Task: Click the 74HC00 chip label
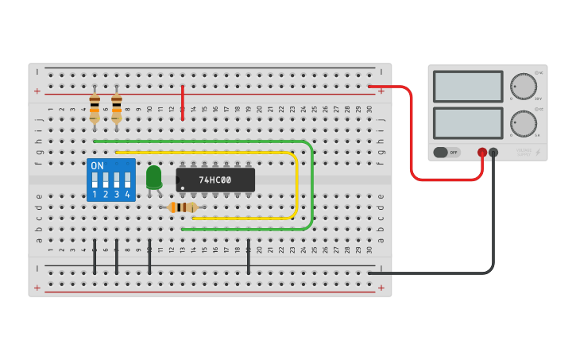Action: tap(215, 180)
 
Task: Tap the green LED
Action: tap(153, 176)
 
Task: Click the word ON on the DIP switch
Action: tap(97, 166)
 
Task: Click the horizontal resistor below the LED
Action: tap(184, 207)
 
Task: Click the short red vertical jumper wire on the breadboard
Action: tap(183, 103)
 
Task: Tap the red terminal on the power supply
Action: tap(482, 152)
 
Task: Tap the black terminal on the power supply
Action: tap(493, 152)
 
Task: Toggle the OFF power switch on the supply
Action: tap(446, 152)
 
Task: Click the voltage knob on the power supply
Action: tap(523, 86)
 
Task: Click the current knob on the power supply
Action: tap(523, 123)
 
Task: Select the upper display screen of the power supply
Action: tap(468, 87)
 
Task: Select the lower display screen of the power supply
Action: tap(468, 123)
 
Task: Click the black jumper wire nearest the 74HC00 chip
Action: tap(249, 257)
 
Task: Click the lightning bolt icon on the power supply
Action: tap(538, 152)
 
